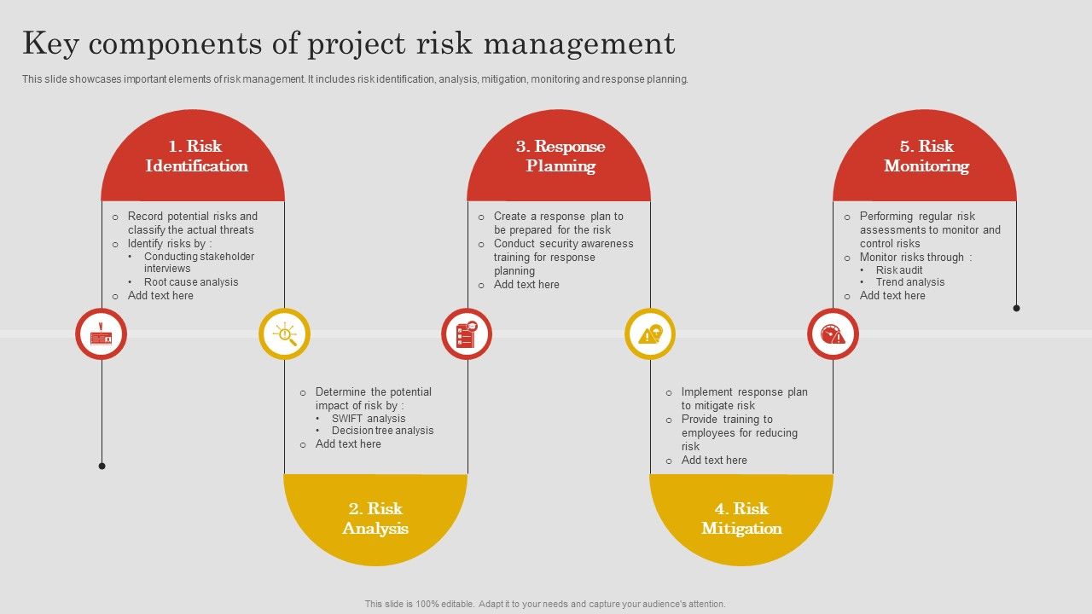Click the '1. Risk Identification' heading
[x=196, y=156]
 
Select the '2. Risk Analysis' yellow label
[x=375, y=518]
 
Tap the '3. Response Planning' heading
[x=560, y=156]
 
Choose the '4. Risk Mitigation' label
[x=741, y=518]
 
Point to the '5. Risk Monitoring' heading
[x=926, y=156]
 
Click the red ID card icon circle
[x=102, y=334]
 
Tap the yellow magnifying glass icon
[x=284, y=334]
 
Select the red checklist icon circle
[x=467, y=334]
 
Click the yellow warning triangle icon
[x=650, y=334]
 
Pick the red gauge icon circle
[x=833, y=334]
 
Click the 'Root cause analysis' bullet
[x=191, y=282]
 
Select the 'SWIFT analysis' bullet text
[x=369, y=419]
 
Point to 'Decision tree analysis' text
[x=382, y=431]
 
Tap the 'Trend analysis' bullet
[x=910, y=282]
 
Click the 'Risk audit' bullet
[x=899, y=270]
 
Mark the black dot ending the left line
[x=102, y=466]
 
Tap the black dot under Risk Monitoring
[x=1016, y=308]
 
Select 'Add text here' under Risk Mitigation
[x=714, y=460]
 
